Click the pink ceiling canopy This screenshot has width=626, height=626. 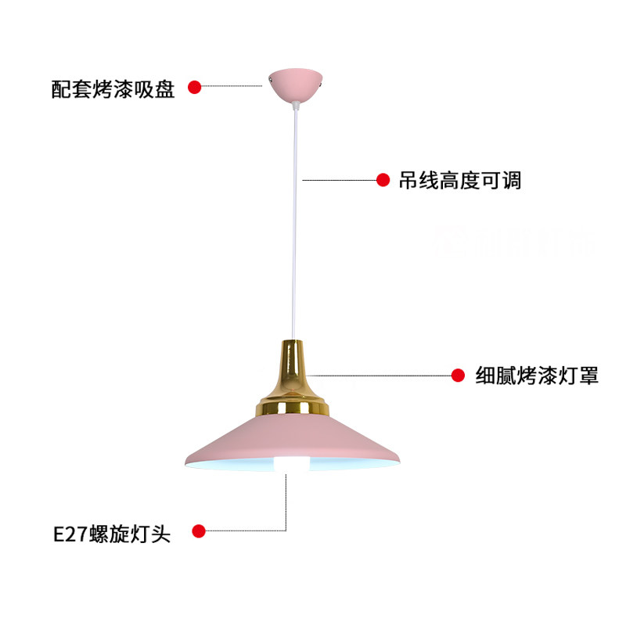click(294, 84)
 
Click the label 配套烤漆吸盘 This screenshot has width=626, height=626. click(113, 88)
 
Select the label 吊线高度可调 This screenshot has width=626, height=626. click(459, 181)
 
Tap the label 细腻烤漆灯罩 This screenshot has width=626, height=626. click(537, 376)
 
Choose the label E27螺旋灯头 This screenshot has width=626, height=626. click(111, 534)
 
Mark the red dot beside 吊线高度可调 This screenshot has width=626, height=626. click(383, 181)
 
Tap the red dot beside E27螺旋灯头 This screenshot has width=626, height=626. click(199, 532)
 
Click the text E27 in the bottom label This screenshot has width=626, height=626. click(69, 534)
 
